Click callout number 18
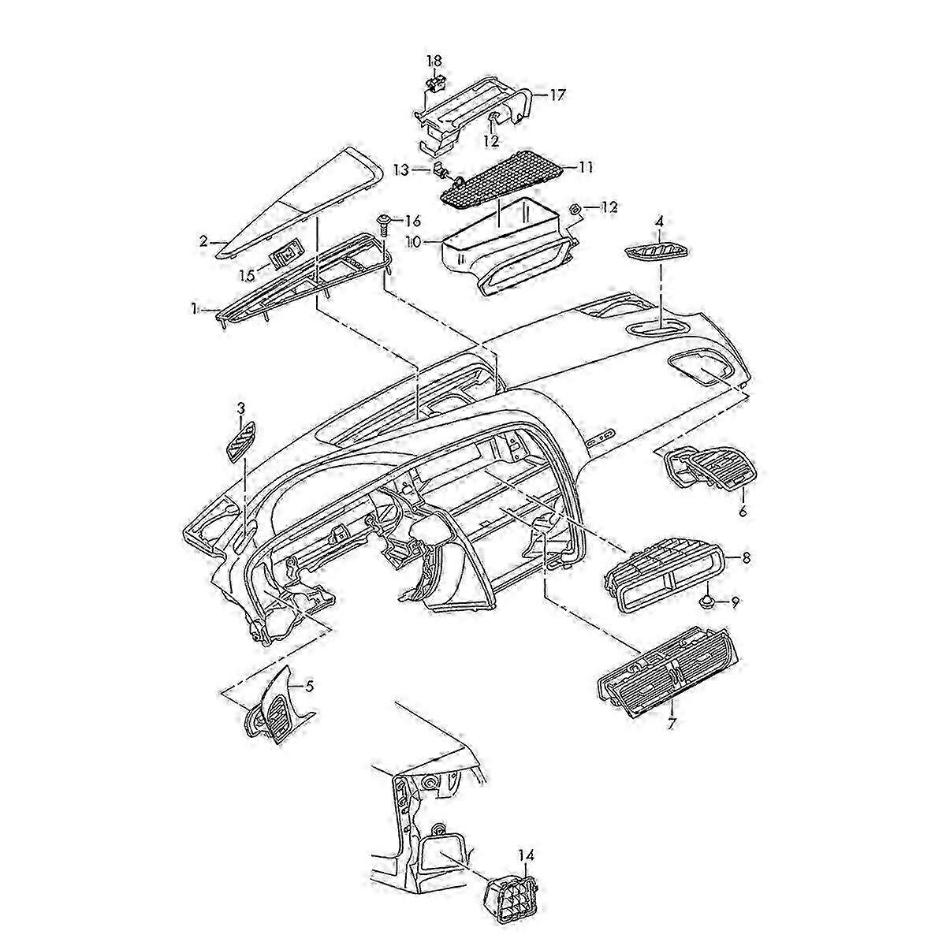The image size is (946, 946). (x=435, y=61)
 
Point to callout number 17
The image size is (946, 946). (x=557, y=95)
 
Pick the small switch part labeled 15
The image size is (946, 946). (x=285, y=254)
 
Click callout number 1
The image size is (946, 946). (x=194, y=310)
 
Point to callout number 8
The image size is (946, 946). (x=746, y=557)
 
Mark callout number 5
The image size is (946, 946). (x=309, y=687)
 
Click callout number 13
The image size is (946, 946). (x=401, y=169)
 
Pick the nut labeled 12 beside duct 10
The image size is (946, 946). (x=575, y=209)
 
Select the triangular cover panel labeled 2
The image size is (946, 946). (x=292, y=197)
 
